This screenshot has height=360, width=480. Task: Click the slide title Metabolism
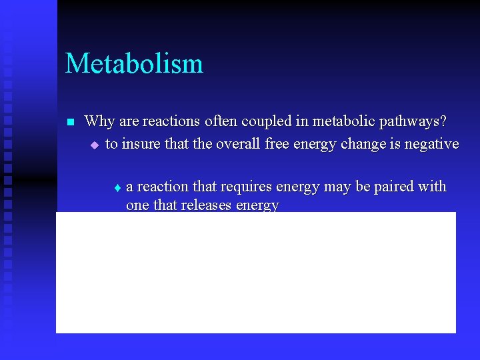134,64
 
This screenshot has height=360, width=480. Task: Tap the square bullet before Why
69,122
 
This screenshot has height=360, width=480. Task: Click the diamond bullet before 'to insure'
94,145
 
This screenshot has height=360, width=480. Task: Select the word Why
99,121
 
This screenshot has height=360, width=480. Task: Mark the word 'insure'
141,143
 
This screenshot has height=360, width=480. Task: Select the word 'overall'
235,143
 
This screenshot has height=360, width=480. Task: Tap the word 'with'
433,186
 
